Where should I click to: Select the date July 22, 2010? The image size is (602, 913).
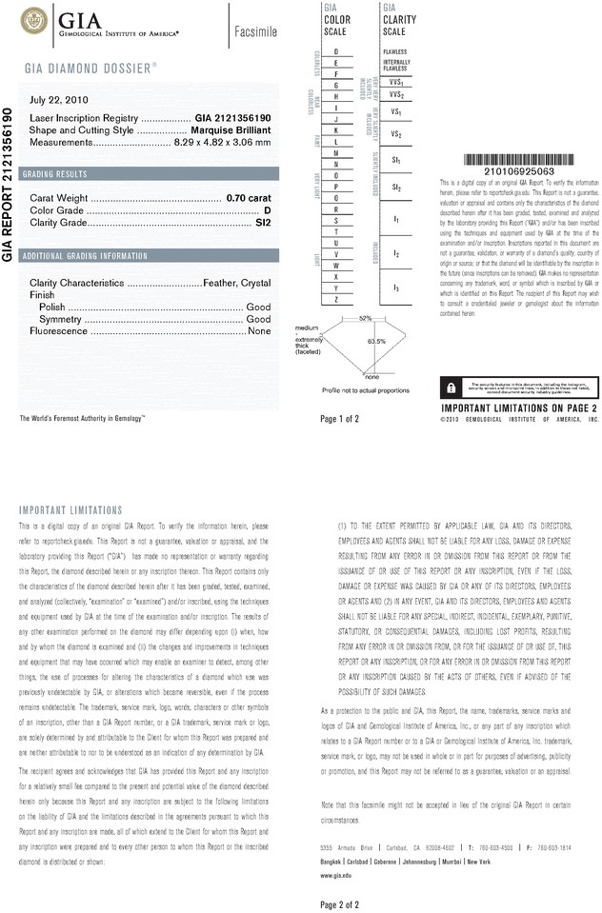coord(59,99)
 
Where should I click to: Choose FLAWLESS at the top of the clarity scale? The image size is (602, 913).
coord(394,50)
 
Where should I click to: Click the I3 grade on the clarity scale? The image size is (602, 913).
coord(395,287)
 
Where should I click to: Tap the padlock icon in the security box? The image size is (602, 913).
coord(450,387)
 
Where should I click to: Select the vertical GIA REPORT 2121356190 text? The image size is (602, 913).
coord(9,191)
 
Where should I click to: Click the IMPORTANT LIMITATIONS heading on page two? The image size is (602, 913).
coord(70,510)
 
